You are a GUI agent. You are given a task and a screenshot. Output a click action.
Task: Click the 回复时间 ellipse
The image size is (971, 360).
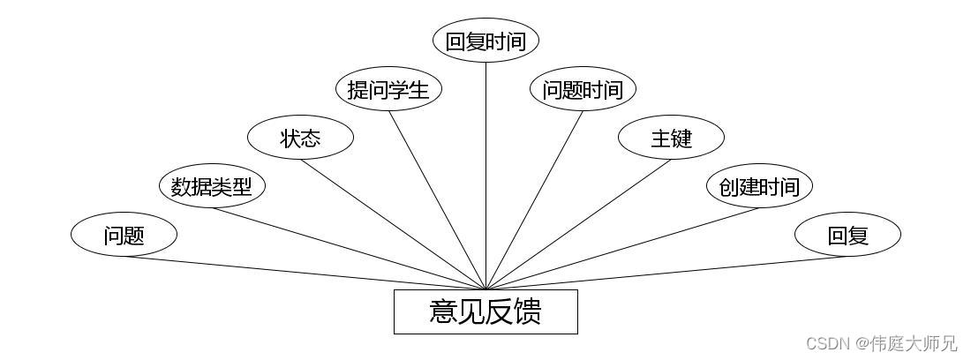tap(485, 41)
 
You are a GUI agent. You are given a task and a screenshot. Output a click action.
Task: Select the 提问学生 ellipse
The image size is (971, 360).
tap(388, 89)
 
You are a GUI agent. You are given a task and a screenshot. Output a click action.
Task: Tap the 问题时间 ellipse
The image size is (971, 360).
tap(583, 89)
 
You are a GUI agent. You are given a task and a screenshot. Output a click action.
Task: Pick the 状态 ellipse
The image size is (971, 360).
tap(300, 138)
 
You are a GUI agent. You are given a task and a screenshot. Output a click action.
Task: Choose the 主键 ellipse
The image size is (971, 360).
tap(671, 138)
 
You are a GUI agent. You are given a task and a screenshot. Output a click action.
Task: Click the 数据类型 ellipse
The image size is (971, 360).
tap(212, 186)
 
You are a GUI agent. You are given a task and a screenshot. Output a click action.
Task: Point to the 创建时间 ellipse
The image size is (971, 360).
tap(759, 186)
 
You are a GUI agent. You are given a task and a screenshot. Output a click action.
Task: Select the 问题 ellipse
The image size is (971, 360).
tap(124, 235)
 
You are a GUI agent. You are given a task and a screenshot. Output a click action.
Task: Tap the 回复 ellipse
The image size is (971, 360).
tap(847, 235)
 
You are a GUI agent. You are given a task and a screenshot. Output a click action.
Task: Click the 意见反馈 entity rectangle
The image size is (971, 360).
tap(485, 311)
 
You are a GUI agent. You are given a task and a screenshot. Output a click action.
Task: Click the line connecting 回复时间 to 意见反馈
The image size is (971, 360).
tap(485, 176)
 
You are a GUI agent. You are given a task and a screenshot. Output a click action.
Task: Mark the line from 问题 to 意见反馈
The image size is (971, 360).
tap(305, 273)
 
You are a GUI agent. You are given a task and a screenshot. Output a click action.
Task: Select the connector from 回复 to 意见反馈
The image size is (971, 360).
tap(666, 273)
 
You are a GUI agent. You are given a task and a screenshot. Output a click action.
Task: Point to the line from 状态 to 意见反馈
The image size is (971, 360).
tap(393, 224)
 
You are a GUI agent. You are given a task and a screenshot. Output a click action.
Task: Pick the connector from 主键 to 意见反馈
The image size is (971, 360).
tap(578, 224)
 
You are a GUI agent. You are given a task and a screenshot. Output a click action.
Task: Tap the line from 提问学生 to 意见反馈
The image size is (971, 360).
tap(437, 200)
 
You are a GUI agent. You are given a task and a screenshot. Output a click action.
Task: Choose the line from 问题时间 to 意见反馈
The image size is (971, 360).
tap(534, 200)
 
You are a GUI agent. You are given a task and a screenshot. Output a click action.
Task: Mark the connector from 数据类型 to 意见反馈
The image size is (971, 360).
tap(349, 249)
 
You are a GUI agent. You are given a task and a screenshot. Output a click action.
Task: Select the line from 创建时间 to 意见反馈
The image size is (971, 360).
tap(622, 249)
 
